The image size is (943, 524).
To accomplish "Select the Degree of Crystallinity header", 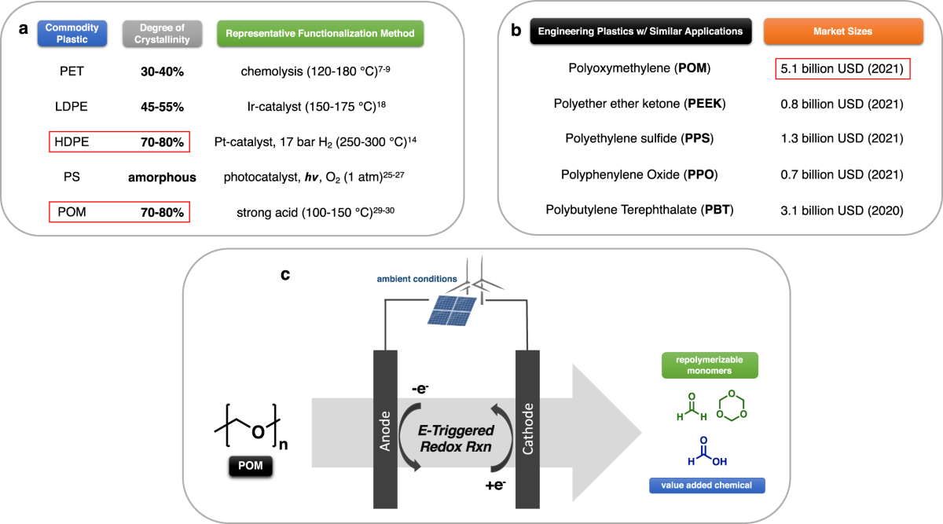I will (x=156, y=33).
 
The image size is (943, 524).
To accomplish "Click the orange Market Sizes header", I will (x=842, y=31).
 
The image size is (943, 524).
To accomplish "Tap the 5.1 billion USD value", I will (x=842, y=68).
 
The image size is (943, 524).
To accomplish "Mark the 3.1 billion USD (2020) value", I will (x=842, y=211).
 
